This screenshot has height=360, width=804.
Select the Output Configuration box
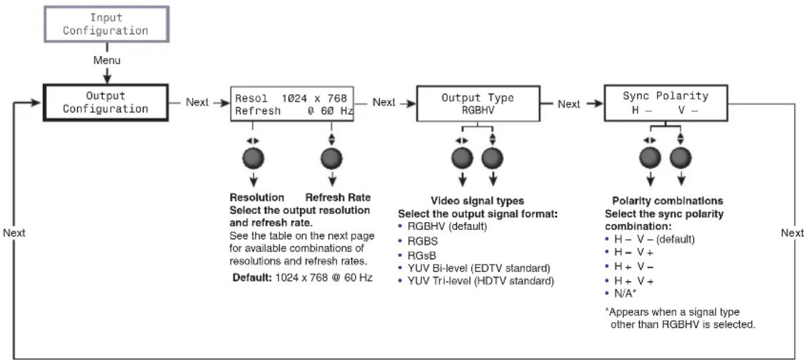click(x=106, y=103)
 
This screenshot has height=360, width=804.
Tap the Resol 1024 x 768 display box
click(x=292, y=104)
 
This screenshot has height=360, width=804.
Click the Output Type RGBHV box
click(x=478, y=104)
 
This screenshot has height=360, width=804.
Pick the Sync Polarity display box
click(x=665, y=103)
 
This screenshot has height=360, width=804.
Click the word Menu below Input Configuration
click(x=106, y=61)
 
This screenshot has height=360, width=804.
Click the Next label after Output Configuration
click(x=197, y=103)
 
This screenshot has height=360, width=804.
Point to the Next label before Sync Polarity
click(x=568, y=104)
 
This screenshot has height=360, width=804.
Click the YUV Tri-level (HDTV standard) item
click(x=476, y=281)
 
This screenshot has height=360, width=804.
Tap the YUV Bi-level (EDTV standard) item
click(x=474, y=268)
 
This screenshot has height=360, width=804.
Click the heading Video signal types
click(x=477, y=201)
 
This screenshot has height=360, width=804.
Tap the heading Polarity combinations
click(x=668, y=201)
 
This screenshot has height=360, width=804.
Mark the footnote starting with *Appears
click(x=680, y=319)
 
